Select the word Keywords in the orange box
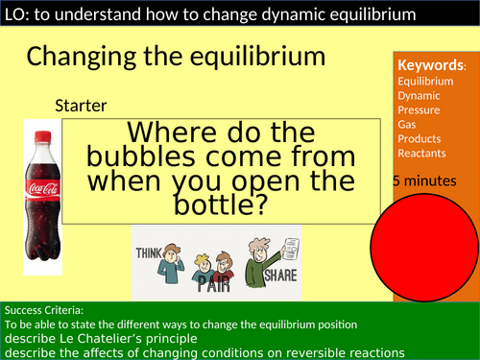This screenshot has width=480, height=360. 430,66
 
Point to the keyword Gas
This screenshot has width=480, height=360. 407,125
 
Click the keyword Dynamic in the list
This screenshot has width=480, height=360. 419,96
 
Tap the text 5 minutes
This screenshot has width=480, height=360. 423,180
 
